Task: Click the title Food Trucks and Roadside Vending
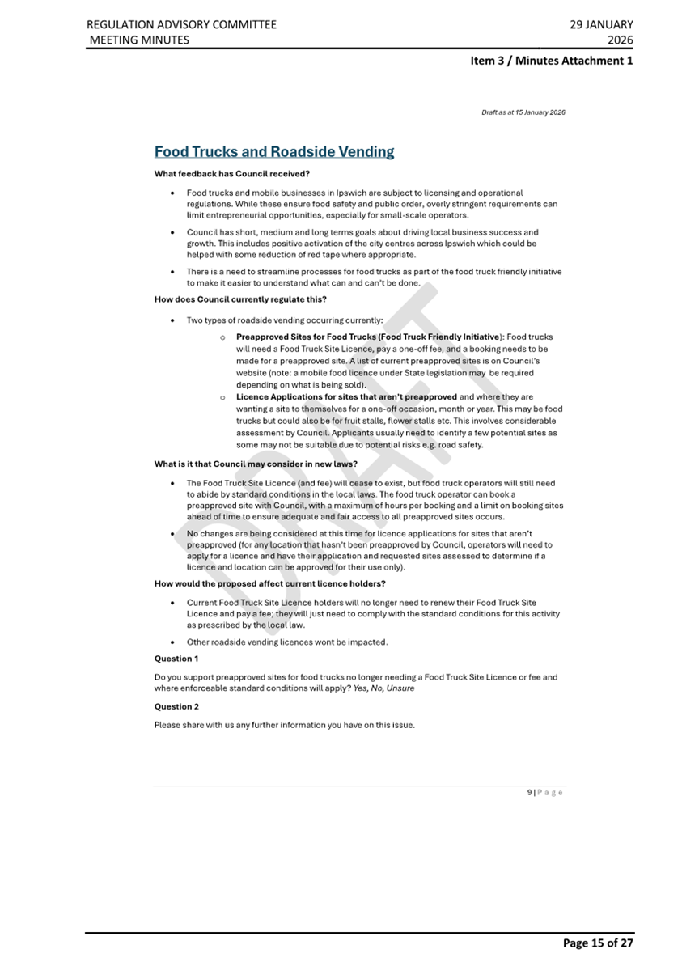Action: (x=274, y=151)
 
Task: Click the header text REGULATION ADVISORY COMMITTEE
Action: (x=181, y=24)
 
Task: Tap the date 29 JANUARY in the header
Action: (x=601, y=24)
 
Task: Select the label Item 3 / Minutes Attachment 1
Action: (x=552, y=61)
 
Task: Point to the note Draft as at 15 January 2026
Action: (x=523, y=112)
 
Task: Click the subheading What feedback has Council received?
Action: (x=232, y=173)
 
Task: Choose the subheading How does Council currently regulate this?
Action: (x=240, y=299)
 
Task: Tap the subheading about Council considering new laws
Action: (x=256, y=464)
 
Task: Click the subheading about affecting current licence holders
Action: (x=269, y=583)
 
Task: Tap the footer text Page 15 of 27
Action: (x=598, y=943)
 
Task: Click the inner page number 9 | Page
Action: (x=544, y=792)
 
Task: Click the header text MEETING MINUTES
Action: (x=138, y=40)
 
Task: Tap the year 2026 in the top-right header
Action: (x=621, y=40)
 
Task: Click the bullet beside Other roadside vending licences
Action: (x=174, y=642)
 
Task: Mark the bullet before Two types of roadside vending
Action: (x=174, y=320)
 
